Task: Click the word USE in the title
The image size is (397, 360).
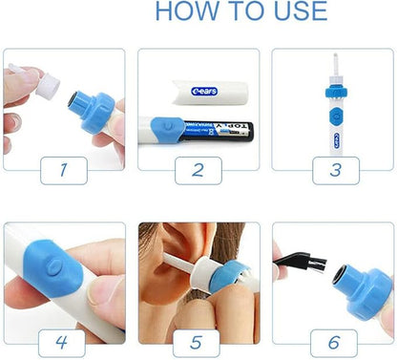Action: coord(299,11)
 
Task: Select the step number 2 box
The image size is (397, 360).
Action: coord(197,170)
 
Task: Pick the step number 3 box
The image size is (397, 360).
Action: coord(333,170)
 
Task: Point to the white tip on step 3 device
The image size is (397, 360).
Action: coord(334,65)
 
